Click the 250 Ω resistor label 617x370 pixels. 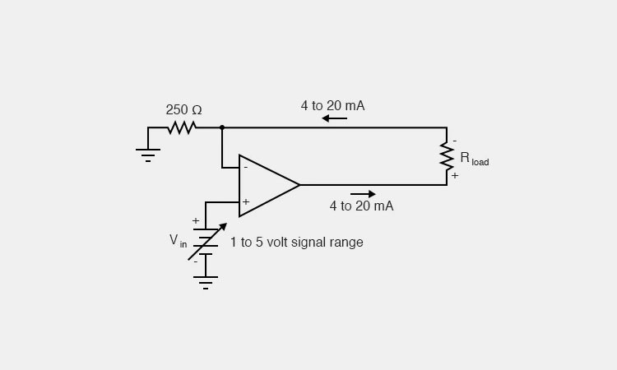tap(183, 109)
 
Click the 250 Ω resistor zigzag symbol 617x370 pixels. tap(182, 127)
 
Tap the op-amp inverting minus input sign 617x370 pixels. tap(245, 168)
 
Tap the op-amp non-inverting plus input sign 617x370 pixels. tap(245, 201)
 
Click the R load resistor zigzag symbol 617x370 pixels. tap(447, 156)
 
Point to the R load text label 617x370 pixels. tap(474, 158)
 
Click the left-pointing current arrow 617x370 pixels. tap(334, 118)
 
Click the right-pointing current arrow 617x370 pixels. tap(363, 194)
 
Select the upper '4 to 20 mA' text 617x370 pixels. tap(332, 105)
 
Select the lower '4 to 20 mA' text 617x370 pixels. tap(361, 206)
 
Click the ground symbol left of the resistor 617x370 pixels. tap(148, 154)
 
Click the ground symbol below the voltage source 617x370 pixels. tap(206, 282)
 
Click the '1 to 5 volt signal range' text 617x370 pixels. tap(296, 243)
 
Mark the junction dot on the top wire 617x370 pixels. tap(222, 127)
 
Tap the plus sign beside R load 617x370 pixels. tap(454, 176)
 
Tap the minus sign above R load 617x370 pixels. tap(454, 141)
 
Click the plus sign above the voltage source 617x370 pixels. tap(196, 220)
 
